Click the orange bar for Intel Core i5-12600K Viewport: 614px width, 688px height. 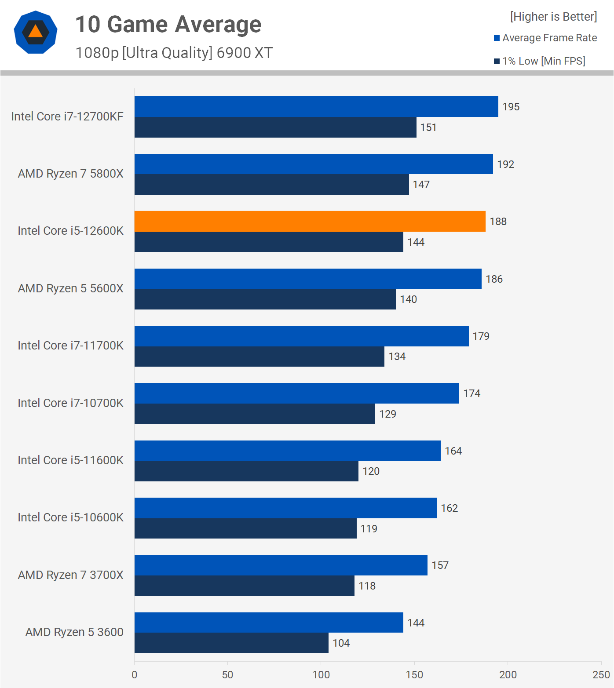coord(310,221)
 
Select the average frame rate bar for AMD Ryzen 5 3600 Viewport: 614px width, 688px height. coord(269,622)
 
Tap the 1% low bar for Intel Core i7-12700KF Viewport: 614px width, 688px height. coord(275,127)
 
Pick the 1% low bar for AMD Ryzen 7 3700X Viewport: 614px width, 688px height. coord(244,586)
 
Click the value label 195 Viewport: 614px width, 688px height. coord(511,107)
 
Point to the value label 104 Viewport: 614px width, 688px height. coord(341,643)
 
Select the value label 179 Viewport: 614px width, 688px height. coord(481,336)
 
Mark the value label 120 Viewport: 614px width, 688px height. coord(371,471)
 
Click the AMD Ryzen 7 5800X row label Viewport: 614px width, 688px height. coord(70,174)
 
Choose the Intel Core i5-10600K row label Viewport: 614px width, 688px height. coord(70,517)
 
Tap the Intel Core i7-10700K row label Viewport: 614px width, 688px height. coord(70,403)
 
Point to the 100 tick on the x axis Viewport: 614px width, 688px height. coord(321,675)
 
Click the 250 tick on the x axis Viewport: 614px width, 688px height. coord(601,675)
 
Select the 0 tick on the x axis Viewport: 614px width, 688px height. coord(135,675)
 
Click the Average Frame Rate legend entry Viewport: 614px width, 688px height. coord(545,38)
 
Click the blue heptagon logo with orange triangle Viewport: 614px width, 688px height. coord(36,32)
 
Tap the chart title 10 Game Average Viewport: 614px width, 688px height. coord(168,24)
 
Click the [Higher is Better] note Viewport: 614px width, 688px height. coord(553,17)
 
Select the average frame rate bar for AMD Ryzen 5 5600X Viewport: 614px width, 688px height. coord(308,279)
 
